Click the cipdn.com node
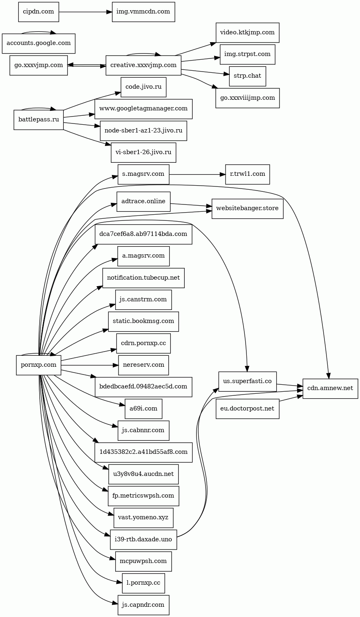coord(38,11)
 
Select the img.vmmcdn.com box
coord(143,11)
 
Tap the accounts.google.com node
coord(38,43)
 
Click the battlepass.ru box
coord(38,120)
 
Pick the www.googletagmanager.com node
coord(143,109)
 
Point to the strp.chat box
coord(247,76)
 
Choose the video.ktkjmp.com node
coord(247,32)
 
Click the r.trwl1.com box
coord(247,174)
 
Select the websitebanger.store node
coord(247,209)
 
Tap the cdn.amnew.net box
coord(330,388)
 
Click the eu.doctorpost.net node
coord(247,408)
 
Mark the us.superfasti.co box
coord(247,381)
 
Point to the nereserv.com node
coord(143,365)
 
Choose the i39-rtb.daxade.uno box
coord(143,540)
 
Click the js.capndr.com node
coord(143,605)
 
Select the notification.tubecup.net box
coord(143,278)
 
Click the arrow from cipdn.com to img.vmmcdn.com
coord(85,11)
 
